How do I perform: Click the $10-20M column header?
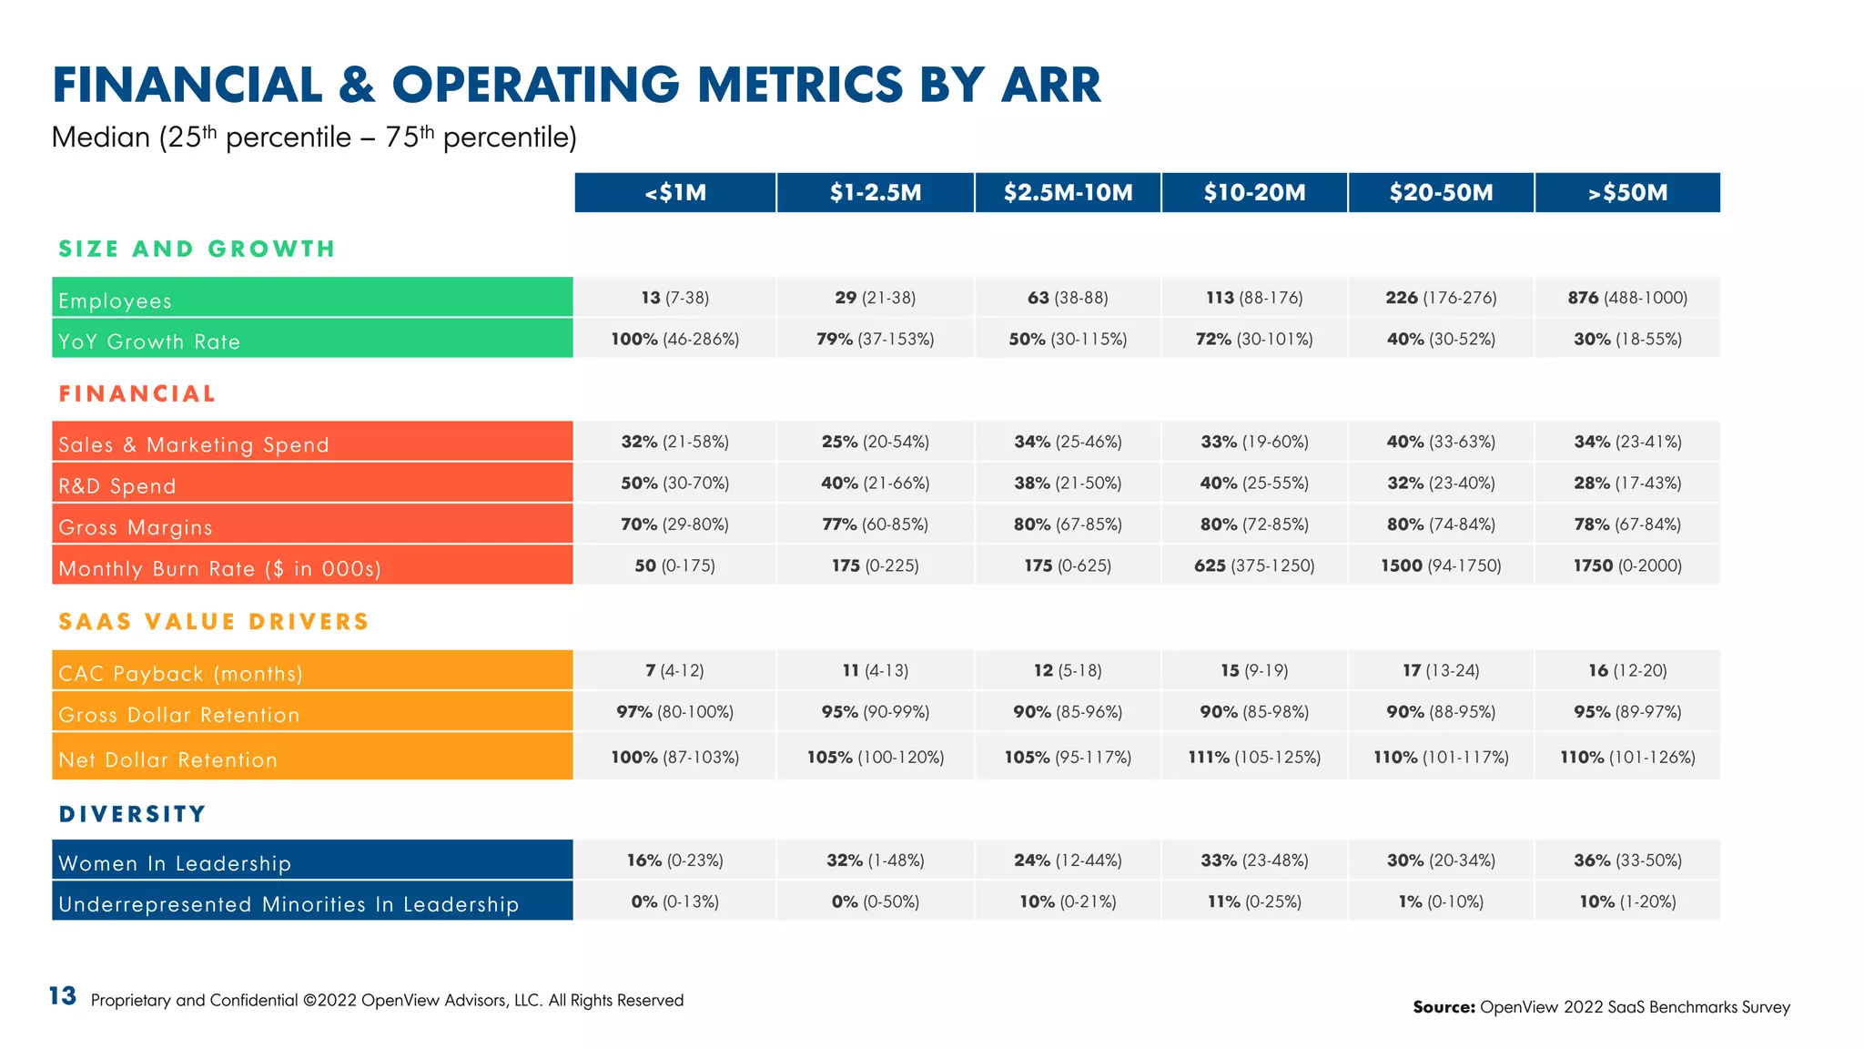[1254, 193]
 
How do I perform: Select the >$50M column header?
[1627, 193]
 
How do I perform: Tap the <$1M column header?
[675, 193]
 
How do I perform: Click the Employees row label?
[115, 300]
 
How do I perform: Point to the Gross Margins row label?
[135, 527]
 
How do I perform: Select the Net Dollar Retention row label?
[167, 759]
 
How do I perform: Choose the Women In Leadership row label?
[175, 862]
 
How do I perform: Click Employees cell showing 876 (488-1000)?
[1627, 298]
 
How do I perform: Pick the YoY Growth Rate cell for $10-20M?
[1254, 339]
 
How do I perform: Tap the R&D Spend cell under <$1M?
[675, 483]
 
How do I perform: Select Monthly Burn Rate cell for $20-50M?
[1441, 565]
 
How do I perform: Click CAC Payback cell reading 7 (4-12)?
[675, 670]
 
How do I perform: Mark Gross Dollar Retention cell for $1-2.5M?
[876, 711]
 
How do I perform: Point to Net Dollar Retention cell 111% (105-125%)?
[1254, 757]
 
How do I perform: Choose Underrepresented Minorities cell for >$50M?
[1627, 901]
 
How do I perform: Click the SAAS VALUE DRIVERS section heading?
[214, 622]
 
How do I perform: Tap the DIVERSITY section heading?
[133, 814]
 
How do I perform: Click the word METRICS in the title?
[800, 85]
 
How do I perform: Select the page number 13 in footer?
[62, 996]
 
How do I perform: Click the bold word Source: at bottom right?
[1444, 1007]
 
